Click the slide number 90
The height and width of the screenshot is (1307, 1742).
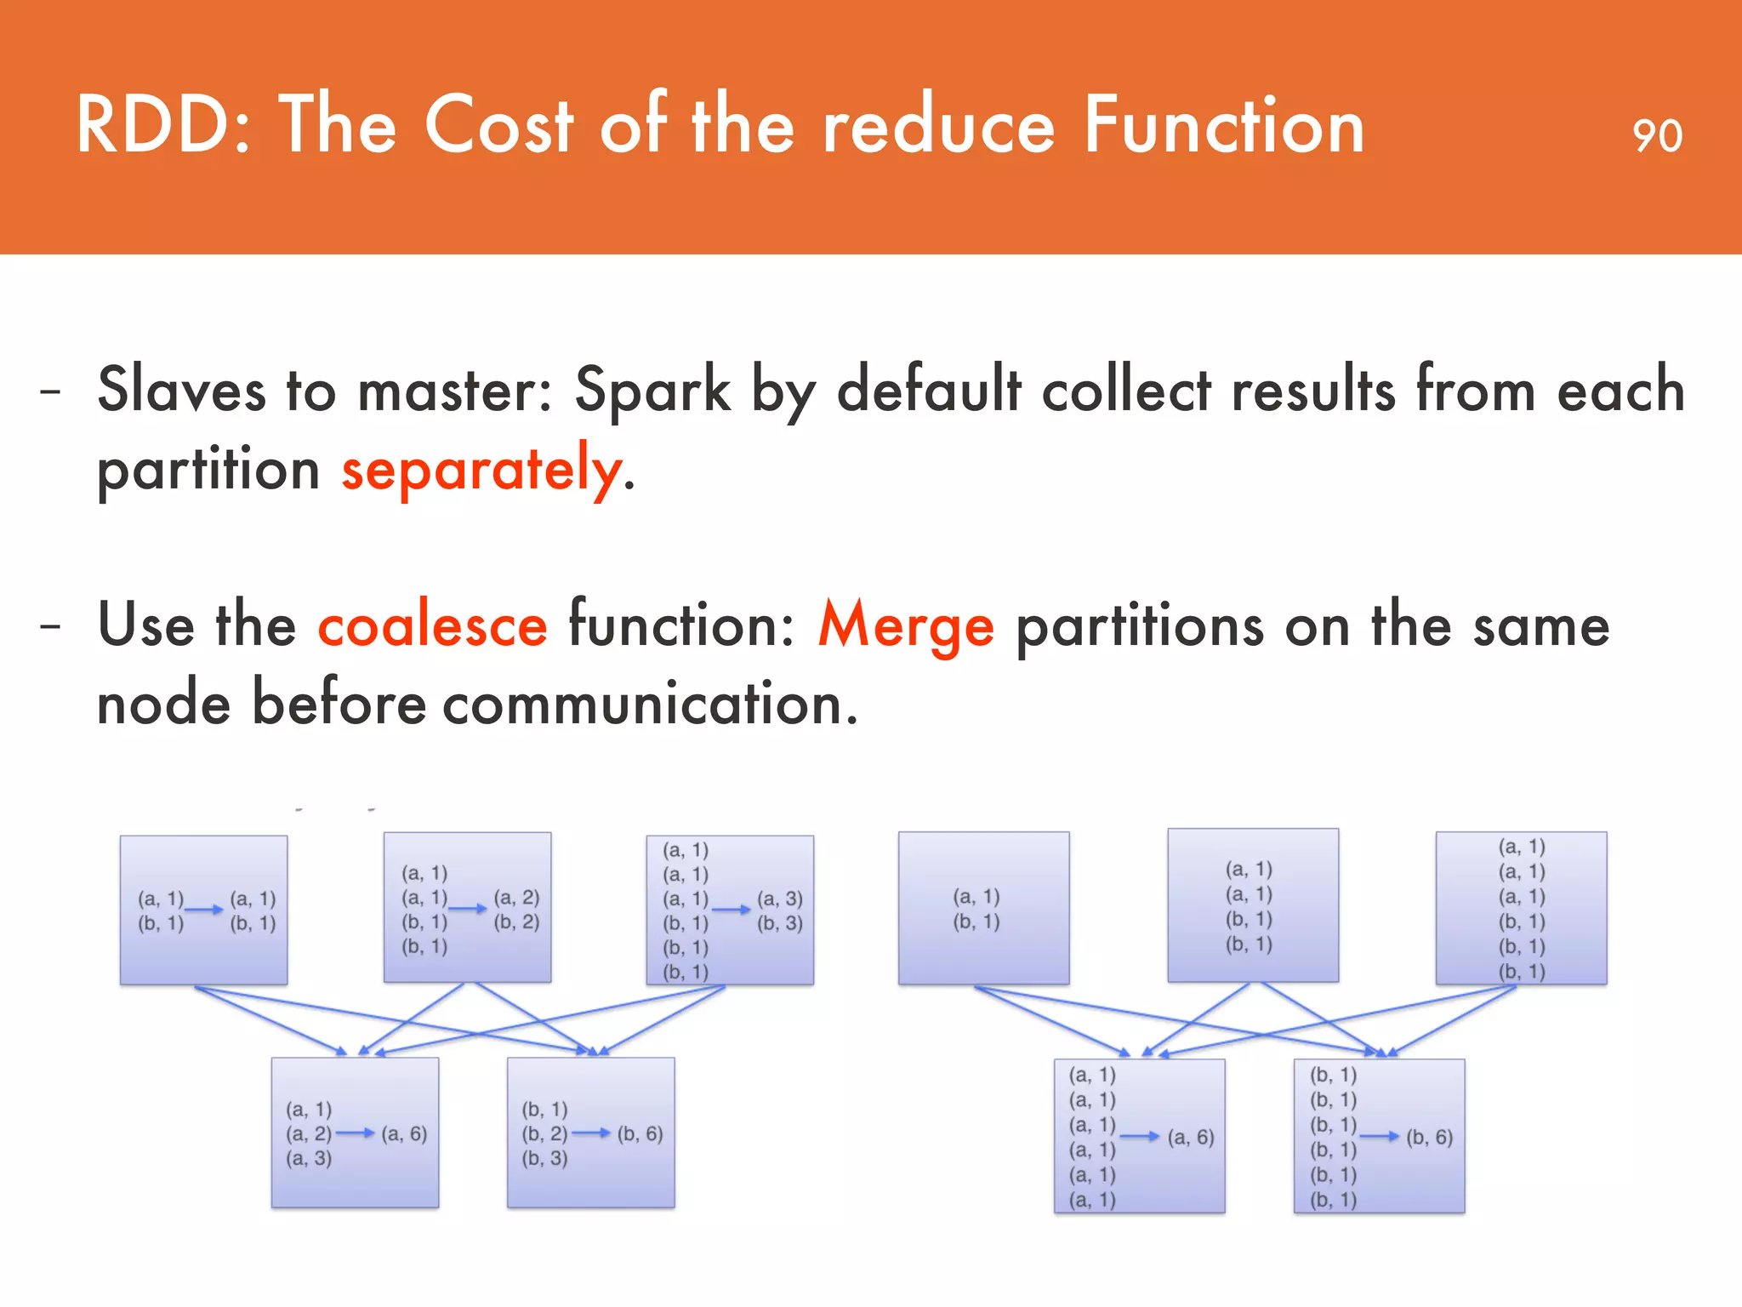1657,136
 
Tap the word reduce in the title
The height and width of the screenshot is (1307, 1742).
938,126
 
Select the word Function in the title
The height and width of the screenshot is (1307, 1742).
1224,126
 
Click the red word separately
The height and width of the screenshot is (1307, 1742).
481,470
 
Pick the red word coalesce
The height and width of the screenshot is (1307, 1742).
432,625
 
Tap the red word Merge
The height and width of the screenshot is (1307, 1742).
905,625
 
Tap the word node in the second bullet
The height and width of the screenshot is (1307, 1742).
163,705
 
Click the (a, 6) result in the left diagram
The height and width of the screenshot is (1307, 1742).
404,1133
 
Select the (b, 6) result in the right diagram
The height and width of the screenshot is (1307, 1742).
1429,1137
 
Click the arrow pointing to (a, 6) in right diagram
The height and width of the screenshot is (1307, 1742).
1140,1136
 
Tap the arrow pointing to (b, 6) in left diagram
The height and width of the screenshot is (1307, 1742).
591,1133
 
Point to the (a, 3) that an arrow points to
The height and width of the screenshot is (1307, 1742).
780,899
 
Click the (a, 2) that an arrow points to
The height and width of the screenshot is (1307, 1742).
516,897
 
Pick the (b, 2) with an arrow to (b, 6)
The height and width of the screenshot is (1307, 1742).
544,1133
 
